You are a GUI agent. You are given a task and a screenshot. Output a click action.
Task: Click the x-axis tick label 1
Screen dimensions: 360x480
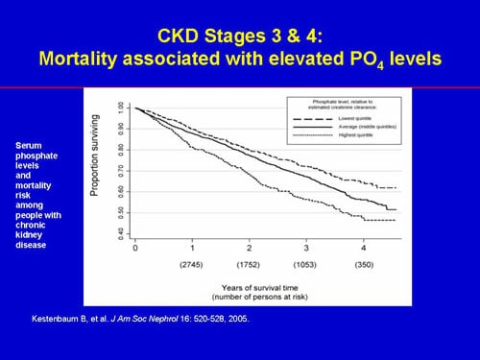pos(192,248)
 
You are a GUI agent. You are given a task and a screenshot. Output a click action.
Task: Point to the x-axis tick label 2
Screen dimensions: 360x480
pos(249,248)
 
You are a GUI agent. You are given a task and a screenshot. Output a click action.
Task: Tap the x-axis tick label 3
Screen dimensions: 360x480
pos(306,248)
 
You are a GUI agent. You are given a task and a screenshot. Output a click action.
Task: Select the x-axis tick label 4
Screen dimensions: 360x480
pos(363,248)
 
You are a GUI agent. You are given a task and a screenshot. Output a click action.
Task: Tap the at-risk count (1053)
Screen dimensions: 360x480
pos(306,263)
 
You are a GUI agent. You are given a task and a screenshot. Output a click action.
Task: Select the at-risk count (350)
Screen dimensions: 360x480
pos(363,263)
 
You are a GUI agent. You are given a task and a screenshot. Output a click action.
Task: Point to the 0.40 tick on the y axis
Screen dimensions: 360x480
pos(119,231)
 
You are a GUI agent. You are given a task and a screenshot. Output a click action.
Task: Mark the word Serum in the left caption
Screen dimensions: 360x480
pos(29,145)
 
